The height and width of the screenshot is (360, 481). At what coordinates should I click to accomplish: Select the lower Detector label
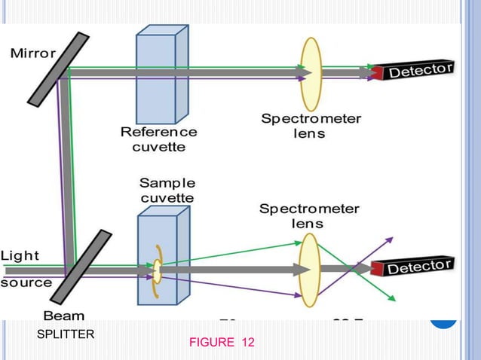[x=420, y=266]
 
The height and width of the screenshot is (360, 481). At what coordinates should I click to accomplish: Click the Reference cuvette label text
[x=158, y=139]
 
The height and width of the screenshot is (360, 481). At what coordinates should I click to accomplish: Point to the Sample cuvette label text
[x=167, y=190]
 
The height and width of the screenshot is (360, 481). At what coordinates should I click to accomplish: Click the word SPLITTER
[x=66, y=334]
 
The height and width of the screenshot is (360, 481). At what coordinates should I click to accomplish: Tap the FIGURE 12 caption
[x=222, y=343]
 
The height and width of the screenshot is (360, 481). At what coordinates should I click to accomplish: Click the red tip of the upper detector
[x=376, y=74]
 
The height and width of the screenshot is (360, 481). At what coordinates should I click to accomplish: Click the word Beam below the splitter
[x=63, y=316]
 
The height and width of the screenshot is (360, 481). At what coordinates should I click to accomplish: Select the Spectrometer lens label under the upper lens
[x=311, y=126]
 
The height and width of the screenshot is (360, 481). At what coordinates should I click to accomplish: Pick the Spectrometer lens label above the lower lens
[x=309, y=215]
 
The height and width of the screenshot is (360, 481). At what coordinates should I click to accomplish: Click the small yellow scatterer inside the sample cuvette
[x=157, y=267]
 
